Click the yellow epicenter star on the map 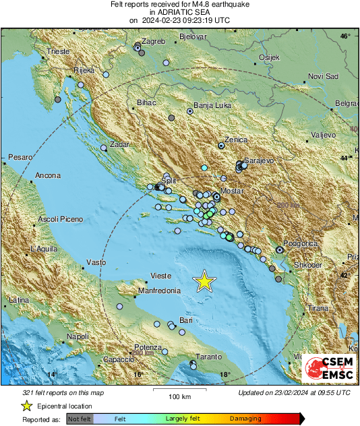[x=204, y=281]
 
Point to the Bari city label [x=186, y=320]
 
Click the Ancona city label [x=48, y=175]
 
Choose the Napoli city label [x=78, y=336]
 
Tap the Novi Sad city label [x=321, y=76]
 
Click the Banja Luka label [x=212, y=105]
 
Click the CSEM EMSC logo [x=328, y=369]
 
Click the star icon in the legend [x=26, y=406]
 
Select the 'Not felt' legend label [x=80, y=419]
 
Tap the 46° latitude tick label [x=344, y=36]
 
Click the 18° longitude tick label [x=224, y=375]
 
